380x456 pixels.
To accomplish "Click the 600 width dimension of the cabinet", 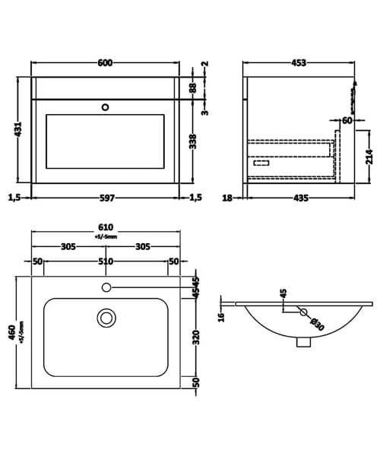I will click(x=106, y=63).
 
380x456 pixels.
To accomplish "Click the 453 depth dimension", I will click(x=299, y=63).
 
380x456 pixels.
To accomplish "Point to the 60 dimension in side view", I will click(x=347, y=119).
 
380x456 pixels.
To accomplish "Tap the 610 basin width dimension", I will click(x=106, y=227).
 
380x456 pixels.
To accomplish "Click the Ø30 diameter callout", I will click(x=314, y=324).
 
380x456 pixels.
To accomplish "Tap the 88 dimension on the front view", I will click(x=195, y=88).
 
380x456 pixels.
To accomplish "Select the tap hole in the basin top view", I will click(x=106, y=287).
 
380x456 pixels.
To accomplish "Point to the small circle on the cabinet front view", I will click(x=106, y=107).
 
